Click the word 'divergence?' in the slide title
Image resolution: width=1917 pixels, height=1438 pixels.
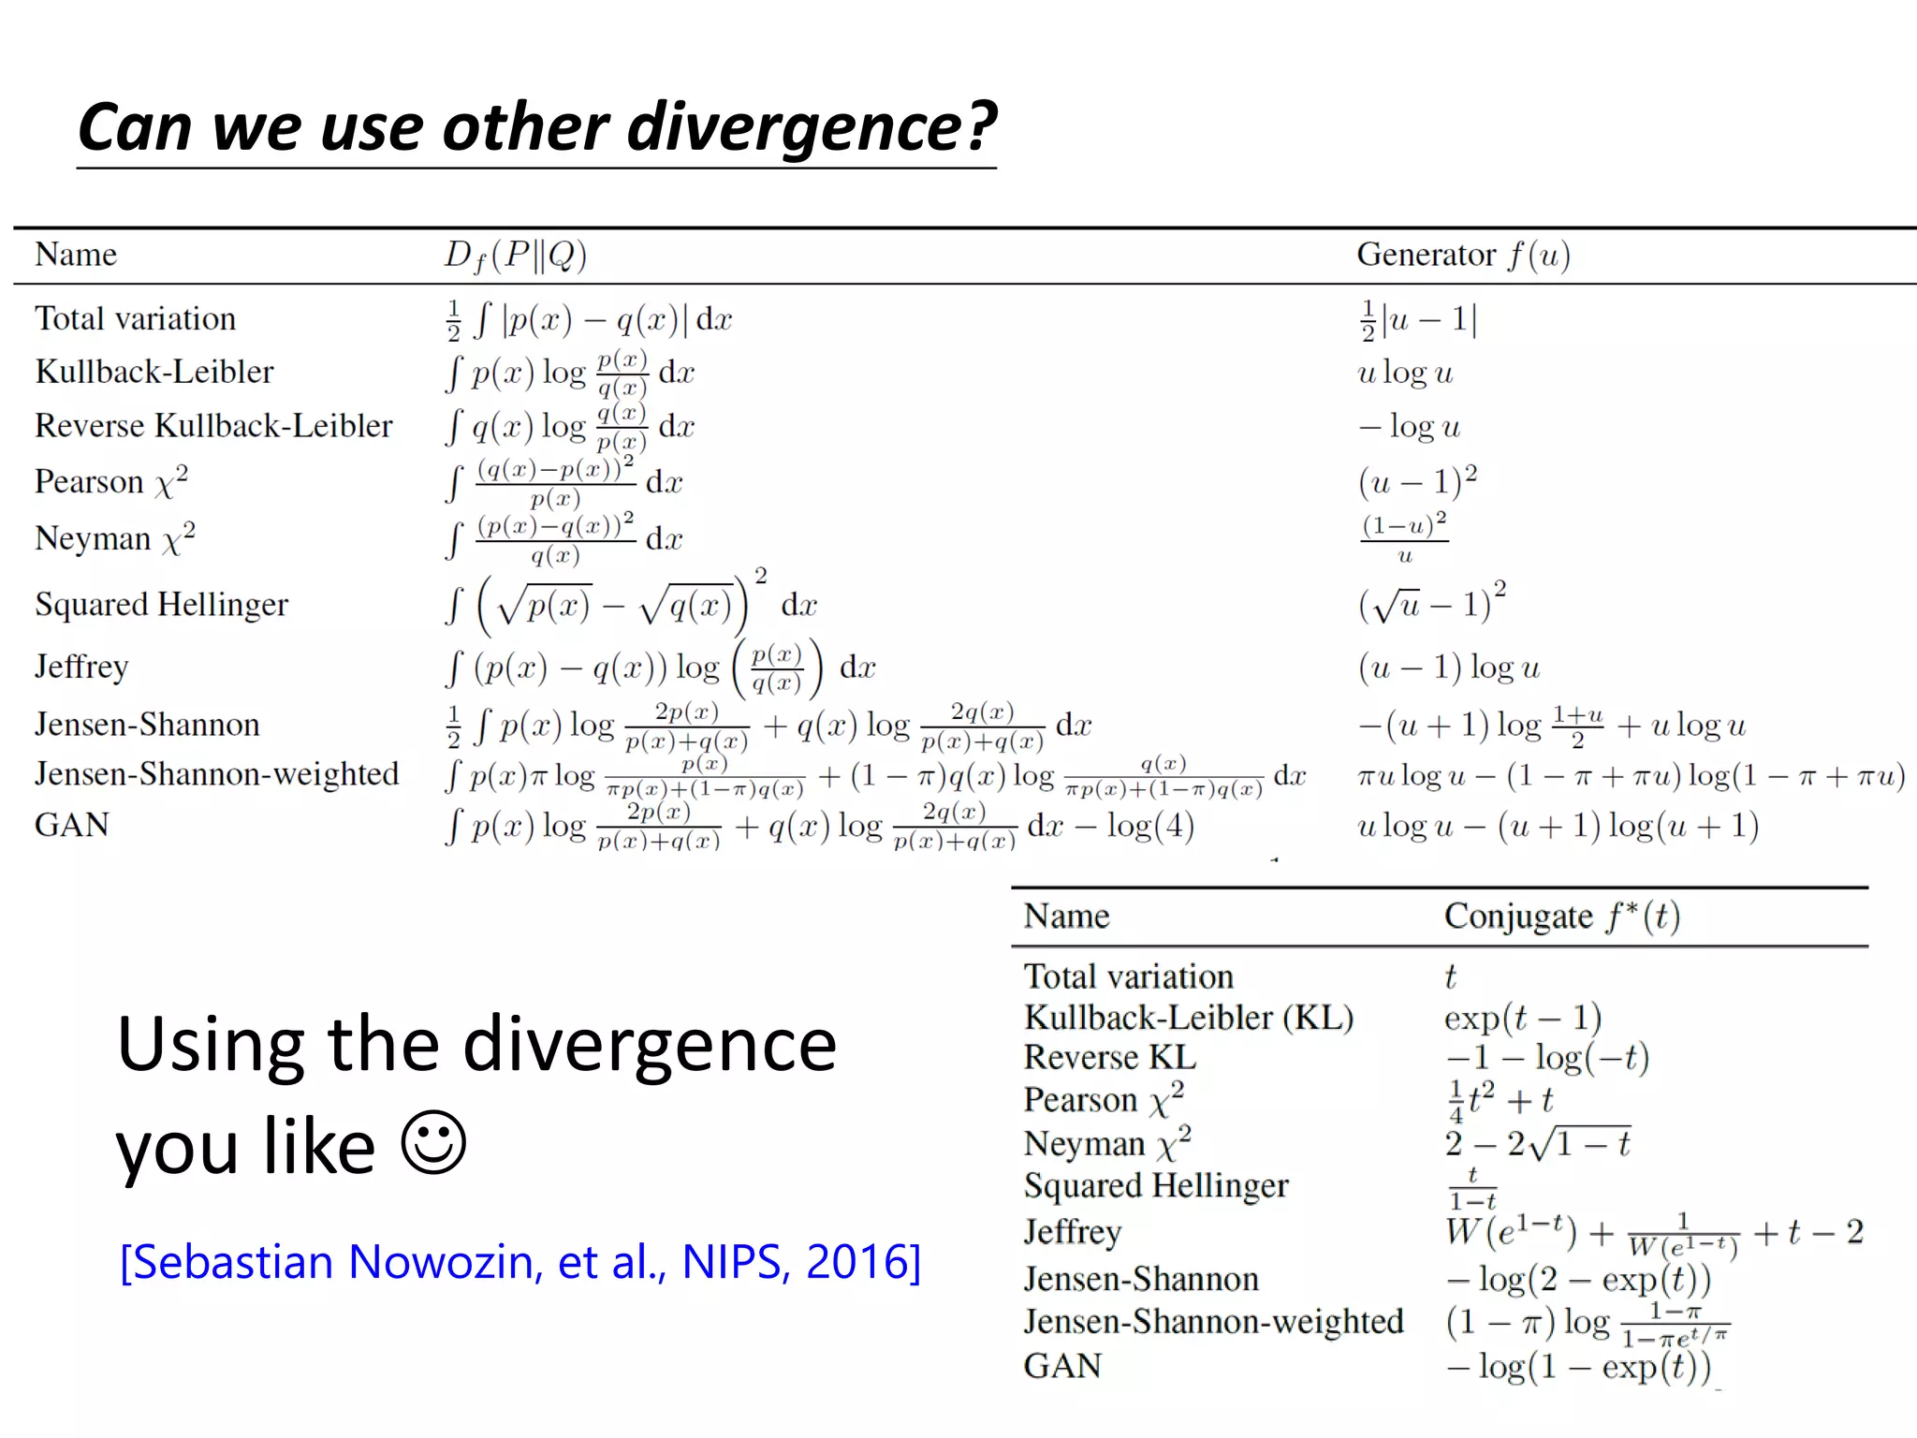coord(812,127)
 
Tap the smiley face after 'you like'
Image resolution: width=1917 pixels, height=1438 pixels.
coord(433,1142)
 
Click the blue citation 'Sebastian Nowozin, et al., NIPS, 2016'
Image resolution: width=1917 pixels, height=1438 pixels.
coord(520,1262)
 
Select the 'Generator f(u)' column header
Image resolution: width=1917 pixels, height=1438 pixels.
coord(1463,255)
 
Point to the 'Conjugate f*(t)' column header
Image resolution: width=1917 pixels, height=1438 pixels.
coord(1561,916)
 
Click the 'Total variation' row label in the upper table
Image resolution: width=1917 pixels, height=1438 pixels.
coord(135,318)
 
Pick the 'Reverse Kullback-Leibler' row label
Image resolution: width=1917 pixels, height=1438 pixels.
coord(213,426)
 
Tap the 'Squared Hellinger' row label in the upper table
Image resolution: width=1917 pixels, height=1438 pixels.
coord(161,605)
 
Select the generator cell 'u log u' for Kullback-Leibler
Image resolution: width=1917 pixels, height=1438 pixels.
coord(1405,373)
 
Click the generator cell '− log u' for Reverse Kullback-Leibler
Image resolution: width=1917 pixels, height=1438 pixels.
coord(1409,427)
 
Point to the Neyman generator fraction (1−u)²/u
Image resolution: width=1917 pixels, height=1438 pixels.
coord(1404,537)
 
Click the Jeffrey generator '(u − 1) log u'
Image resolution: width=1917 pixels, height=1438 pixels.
coord(1448,668)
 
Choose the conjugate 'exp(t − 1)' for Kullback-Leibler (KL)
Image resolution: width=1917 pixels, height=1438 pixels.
coord(1522,1017)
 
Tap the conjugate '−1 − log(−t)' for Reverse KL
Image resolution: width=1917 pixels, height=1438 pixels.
coord(1547,1058)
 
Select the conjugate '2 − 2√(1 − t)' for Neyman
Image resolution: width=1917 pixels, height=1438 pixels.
coord(1537,1143)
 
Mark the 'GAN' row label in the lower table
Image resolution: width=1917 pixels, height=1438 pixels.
coord(1062,1366)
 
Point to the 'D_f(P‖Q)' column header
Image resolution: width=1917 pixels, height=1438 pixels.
coord(515,255)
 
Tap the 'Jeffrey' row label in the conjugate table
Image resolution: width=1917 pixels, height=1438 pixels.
coord(1072,1231)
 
